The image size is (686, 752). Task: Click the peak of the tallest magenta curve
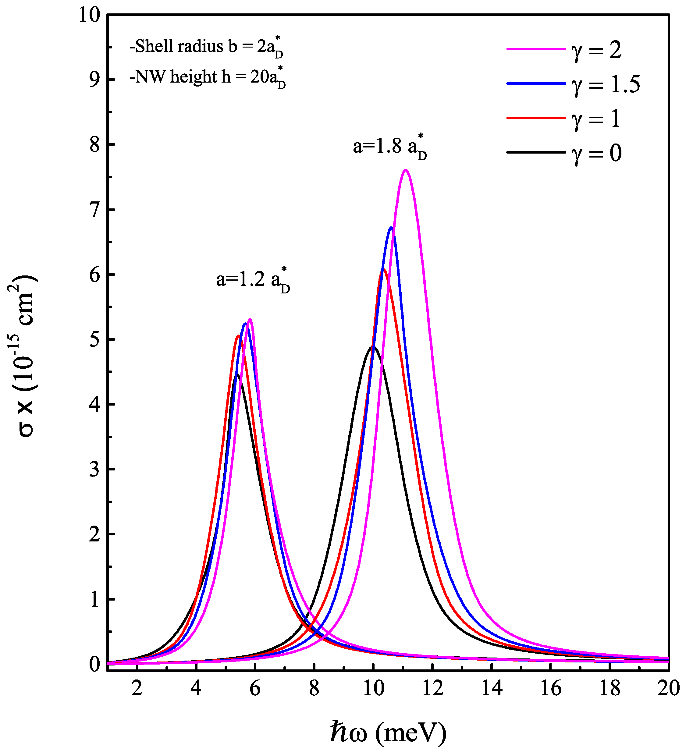tap(406, 170)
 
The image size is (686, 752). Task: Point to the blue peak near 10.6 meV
tap(391, 228)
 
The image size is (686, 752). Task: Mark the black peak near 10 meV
tap(373, 347)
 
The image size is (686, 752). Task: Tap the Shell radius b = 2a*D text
tap(206, 47)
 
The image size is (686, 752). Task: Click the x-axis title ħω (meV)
tap(388, 732)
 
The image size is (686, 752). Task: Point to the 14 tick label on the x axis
tap(492, 689)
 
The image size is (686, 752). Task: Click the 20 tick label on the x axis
tap(668, 689)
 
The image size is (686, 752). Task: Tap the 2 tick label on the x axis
tap(137, 689)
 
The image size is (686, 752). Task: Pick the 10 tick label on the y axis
tap(90, 16)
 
